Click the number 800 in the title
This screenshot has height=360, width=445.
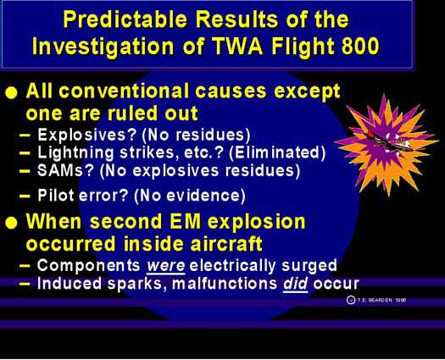click(360, 46)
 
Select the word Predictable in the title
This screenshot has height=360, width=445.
click(125, 19)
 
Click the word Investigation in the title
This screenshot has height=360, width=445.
click(103, 47)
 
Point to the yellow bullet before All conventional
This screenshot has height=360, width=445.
click(11, 93)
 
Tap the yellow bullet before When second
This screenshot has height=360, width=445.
click(11, 223)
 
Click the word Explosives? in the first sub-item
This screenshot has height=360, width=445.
click(87, 135)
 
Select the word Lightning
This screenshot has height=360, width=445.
click(75, 153)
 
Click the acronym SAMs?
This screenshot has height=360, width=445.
click(65, 171)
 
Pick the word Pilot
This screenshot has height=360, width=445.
click(56, 196)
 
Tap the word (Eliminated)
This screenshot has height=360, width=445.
click(277, 153)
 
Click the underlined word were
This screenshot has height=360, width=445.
click(166, 266)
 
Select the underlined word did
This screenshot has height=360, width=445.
click(296, 284)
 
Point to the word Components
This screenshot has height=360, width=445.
click(88, 266)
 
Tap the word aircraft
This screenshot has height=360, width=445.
click(226, 244)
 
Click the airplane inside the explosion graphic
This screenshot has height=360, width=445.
click(387, 141)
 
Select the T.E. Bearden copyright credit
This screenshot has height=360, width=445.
click(376, 300)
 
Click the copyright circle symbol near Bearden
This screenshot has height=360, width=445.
click(351, 300)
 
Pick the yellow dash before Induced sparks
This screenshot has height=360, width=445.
click(25, 284)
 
